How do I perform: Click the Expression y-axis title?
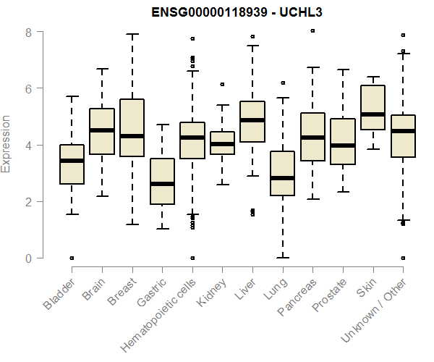point(7,144)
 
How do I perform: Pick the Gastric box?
point(162,181)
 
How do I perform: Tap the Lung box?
point(282,173)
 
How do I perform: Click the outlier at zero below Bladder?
point(72,258)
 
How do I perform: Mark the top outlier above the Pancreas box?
point(312,31)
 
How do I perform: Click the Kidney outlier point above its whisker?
point(222,85)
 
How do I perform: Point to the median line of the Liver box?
point(252,120)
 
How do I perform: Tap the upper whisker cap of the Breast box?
point(132,34)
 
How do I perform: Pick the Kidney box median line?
point(222,144)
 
